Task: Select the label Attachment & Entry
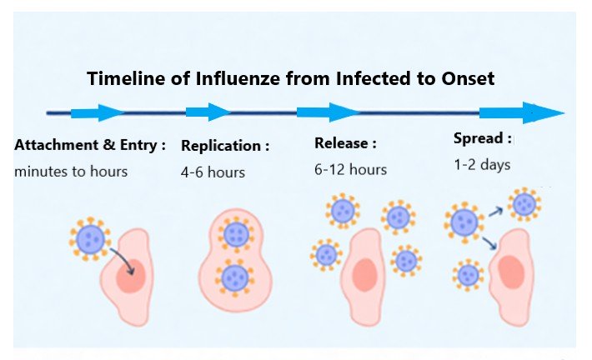(90, 145)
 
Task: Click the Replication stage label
(225, 146)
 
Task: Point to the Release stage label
(345, 143)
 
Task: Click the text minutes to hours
(71, 172)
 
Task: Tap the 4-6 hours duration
(213, 172)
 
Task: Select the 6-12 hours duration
(350, 169)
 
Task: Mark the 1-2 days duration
(482, 165)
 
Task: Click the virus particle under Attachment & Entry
(88, 240)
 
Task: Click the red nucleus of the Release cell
(364, 274)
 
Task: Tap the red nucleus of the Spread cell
(510, 272)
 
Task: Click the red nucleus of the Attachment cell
(131, 277)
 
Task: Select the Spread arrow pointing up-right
(495, 212)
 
